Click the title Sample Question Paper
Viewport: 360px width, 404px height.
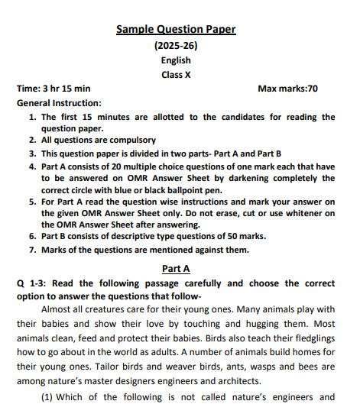[176, 30]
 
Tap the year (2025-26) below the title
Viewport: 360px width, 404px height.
[176, 46]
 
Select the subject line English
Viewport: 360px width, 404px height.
[176, 60]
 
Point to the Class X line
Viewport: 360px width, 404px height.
[176, 75]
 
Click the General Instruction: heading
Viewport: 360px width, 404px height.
[59, 102]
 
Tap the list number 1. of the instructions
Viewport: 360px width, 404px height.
[32, 117]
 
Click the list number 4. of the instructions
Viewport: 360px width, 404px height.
[32, 166]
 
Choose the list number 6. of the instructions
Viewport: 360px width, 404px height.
[32, 237]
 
